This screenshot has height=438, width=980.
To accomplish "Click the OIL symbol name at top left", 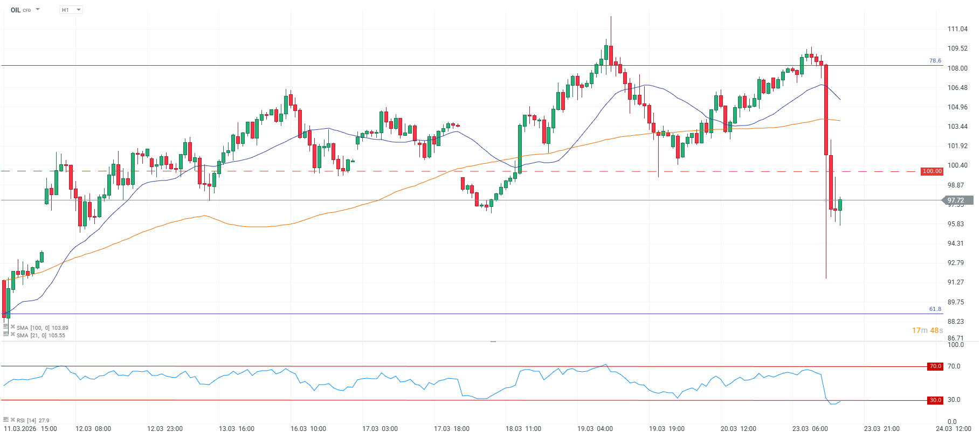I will tap(16, 10).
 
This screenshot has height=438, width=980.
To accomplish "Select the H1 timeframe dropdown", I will tap(71, 10).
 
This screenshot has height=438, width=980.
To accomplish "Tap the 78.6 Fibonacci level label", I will tap(935, 61).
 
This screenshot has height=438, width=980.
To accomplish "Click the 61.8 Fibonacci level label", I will tap(935, 309).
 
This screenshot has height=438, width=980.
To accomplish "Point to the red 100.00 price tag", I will tap(932, 171).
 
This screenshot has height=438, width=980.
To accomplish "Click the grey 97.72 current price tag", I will tap(957, 200).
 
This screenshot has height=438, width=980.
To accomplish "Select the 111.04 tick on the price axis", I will tap(957, 29).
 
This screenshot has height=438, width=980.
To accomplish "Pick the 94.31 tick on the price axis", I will tap(956, 244).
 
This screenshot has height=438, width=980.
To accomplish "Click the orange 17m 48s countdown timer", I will tap(927, 330).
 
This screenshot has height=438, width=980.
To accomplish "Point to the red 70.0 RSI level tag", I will tap(935, 366).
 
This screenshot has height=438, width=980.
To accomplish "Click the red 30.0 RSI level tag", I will tap(935, 400).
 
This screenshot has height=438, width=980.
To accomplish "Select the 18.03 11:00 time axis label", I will tap(523, 429).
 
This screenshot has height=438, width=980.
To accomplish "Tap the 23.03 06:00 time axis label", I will tap(810, 429).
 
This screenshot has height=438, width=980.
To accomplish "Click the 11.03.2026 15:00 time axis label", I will tap(30, 429).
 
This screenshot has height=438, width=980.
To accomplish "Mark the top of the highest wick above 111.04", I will tap(611, 17).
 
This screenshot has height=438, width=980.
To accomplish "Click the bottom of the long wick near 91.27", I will tap(826, 278).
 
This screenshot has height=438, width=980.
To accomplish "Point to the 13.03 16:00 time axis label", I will tap(236, 429).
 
